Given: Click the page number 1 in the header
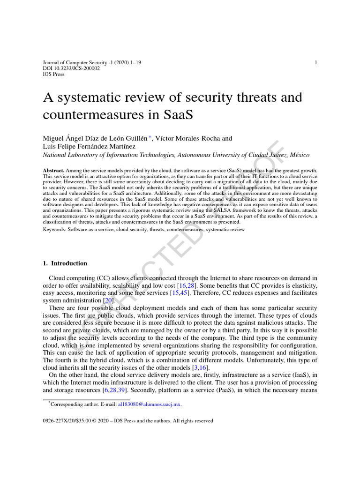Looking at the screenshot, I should (315, 62).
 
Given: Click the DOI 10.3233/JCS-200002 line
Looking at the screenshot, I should (71, 68).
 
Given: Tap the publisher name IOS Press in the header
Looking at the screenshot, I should (53, 74).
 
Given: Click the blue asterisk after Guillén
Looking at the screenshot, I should (150, 137).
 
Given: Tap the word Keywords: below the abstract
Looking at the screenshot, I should (54, 230).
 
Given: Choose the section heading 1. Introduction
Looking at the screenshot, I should (65, 263).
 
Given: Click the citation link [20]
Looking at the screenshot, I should (108, 300).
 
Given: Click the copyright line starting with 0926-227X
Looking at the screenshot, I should (127, 421).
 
